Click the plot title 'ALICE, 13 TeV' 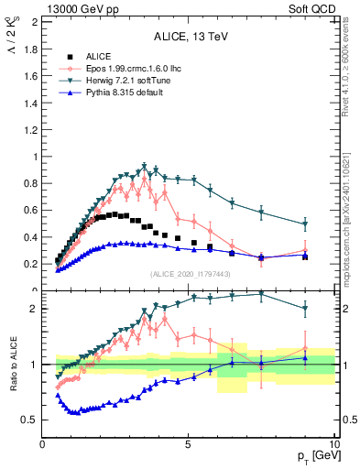coord(188,37)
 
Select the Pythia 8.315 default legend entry coord(112,93)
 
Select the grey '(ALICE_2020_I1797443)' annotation coord(189,275)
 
